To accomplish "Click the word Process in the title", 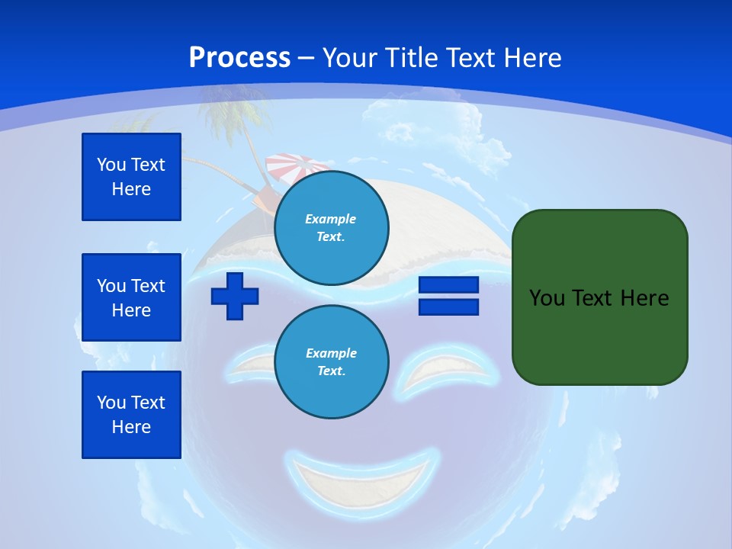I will (239, 58).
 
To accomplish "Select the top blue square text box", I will (131, 177).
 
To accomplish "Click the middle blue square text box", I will (131, 297).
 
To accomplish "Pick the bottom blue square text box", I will (131, 415).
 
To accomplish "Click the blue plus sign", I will (235, 296).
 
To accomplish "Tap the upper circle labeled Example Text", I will (331, 227).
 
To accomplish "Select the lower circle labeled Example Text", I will (331, 361).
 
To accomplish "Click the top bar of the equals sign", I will (448, 285).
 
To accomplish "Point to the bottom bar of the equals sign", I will (448, 307).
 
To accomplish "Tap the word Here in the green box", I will (644, 298).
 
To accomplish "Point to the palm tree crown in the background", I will (234, 111).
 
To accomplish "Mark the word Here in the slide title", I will (534, 58).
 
